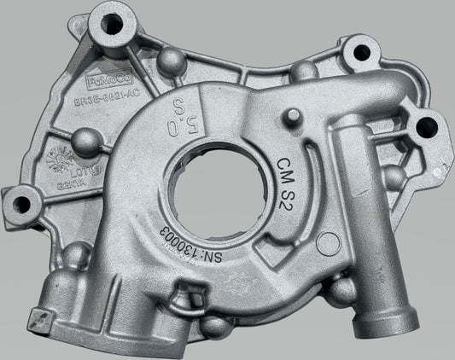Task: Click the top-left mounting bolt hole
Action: tap(113, 24)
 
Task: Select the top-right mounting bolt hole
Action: tap(361, 52)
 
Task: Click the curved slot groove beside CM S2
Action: tap(317, 193)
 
